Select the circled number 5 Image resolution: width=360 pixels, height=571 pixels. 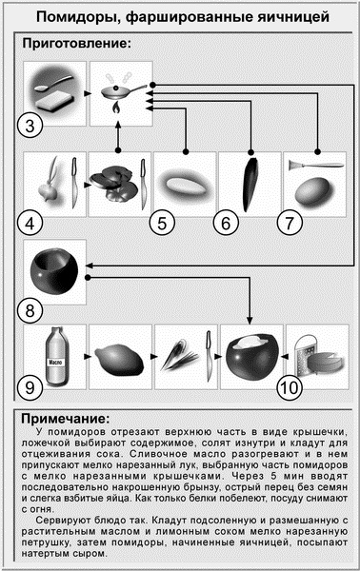[x=163, y=225]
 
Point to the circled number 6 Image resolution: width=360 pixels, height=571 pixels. [x=227, y=225]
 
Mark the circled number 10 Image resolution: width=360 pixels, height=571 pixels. [x=290, y=388]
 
